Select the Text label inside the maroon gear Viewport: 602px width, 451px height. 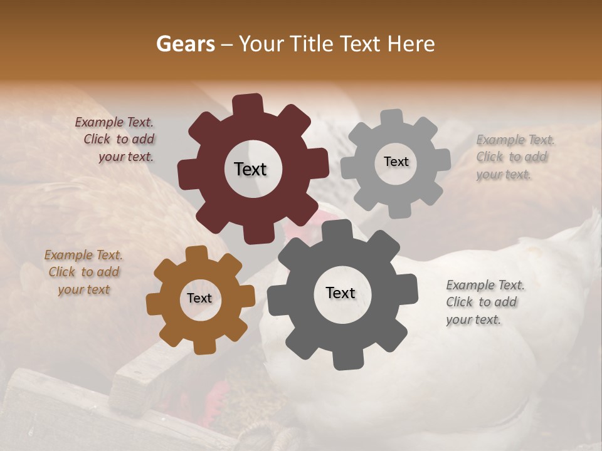(x=250, y=169)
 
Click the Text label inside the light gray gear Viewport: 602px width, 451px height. (x=396, y=162)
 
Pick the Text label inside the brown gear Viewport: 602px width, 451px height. (x=199, y=298)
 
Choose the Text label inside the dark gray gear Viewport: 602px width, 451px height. (x=341, y=293)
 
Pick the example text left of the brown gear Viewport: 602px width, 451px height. (x=83, y=272)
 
